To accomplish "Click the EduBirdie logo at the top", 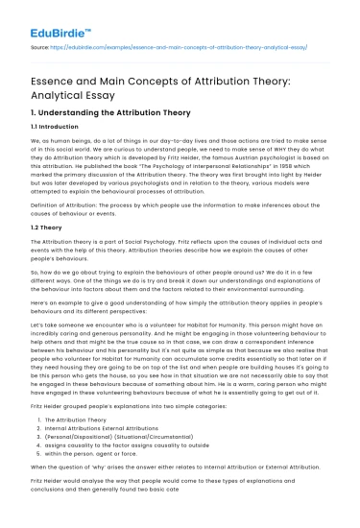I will (48, 15).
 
